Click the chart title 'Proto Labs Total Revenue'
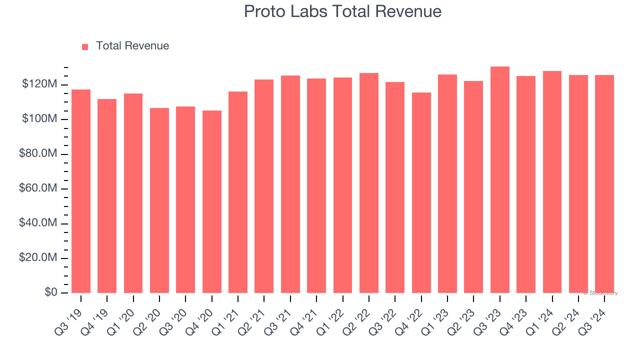pyautogui.click(x=342, y=11)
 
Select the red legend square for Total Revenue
pyautogui.click(x=85, y=46)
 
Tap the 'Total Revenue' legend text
pyautogui.click(x=132, y=46)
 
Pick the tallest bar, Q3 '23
pyautogui.click(x=500, y=179)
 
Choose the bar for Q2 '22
pyautogui.click(x=369, y=183)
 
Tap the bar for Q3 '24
pyautogui.click(x=604, y=184)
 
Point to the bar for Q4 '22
pyautogui.click(x=421, y=192)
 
